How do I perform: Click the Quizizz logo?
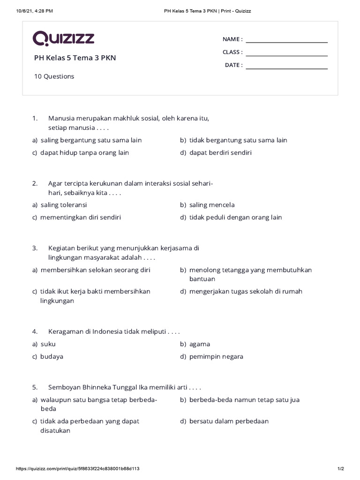(x=63, y=38)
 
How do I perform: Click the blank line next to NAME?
(x=286, y=39)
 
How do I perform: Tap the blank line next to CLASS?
(x=286, y=52)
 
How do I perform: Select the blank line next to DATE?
(x=286, y=66)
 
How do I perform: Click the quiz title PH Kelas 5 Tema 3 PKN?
(x=75, y=58)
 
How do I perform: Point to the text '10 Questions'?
(x=54, y=76)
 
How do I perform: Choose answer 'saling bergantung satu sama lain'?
(x=91, y=140)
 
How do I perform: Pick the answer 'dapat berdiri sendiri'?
(x=220, y=153)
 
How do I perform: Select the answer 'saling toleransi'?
(x=64, y=205)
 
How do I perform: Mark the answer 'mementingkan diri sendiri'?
(x=81, y=217)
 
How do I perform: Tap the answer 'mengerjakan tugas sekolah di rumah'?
(x=246, y=292)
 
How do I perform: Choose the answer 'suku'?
(x=48, y=344)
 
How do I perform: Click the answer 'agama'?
(x=200, y=344)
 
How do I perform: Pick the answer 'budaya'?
(x=52, y=357)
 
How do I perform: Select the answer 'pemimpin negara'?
(x=216, y=357)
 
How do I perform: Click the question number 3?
(x=35, y=248)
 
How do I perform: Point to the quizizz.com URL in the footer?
(x=78, y=469)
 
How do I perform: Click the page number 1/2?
(x=340, y=469)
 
